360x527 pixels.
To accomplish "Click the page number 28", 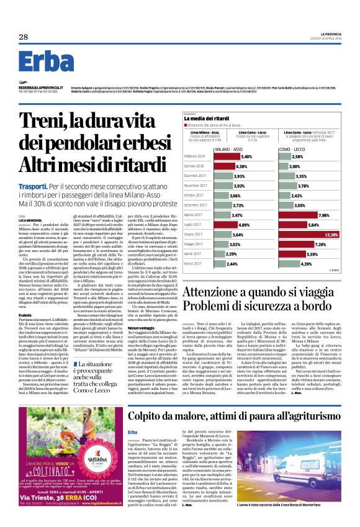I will point(23,37).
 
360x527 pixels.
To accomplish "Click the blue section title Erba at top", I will point(47,61).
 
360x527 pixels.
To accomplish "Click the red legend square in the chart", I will point(186,125).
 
